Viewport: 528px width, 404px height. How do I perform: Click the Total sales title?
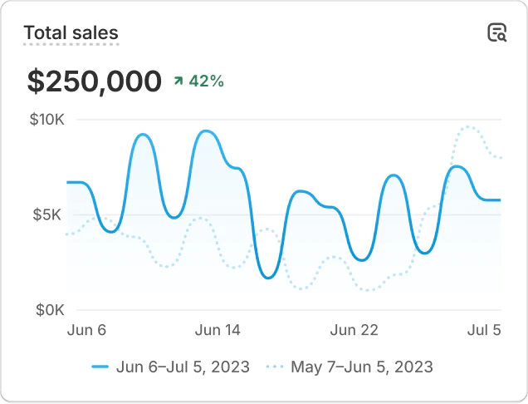pos(71,33)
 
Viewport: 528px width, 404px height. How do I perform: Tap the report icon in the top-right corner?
pos(496,33)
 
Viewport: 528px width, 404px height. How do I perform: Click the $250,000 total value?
pos(94,81)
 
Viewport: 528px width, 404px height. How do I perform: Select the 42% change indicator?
pos(206,81)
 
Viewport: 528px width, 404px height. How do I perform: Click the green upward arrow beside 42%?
pos(178,81)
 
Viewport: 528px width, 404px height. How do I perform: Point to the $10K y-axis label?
pos(46,120)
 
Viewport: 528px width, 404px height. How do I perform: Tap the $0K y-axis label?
pos(50,310)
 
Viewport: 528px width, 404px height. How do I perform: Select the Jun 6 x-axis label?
pos(86,330)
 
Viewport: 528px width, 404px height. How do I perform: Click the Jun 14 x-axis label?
pos(218,330)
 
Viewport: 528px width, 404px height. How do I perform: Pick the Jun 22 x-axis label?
pos(354,330)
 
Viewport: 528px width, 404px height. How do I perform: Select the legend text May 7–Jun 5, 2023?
pos(362,367)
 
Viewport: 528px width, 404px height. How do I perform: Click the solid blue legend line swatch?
pos(100,367)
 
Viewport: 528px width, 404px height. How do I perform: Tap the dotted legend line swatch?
pos(275,367)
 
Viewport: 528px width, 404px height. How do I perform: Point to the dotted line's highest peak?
pos(469,126)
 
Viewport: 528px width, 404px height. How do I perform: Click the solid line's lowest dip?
pos(268,278)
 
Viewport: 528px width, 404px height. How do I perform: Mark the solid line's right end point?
pos(501,200)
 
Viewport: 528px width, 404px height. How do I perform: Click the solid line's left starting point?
pos(67,182)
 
